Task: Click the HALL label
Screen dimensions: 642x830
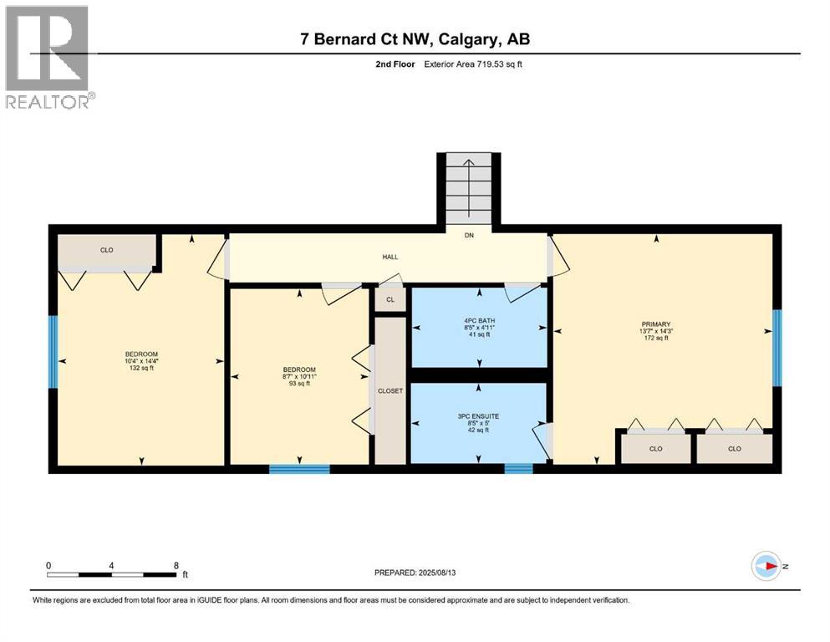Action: (390, 257)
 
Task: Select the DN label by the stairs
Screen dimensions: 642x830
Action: (469, 236)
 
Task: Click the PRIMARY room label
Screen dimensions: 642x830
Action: (656, 324)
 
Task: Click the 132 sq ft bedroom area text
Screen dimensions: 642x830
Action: (141, 369)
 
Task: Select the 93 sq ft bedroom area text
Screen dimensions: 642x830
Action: (299, 384)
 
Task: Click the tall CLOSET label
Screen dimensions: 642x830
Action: (390, 390)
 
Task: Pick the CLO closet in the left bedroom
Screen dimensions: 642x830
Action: (106, 250)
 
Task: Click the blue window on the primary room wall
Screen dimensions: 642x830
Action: (777, 348)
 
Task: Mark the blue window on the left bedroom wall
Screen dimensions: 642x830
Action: (53, 351)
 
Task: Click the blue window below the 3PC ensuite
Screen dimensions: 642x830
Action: (518, 469)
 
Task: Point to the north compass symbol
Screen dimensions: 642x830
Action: (766, 566)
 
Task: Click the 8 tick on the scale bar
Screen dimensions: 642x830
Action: (176, 566)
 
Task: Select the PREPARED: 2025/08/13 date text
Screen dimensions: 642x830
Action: (415, 573)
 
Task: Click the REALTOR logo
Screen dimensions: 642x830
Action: (48, 58)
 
